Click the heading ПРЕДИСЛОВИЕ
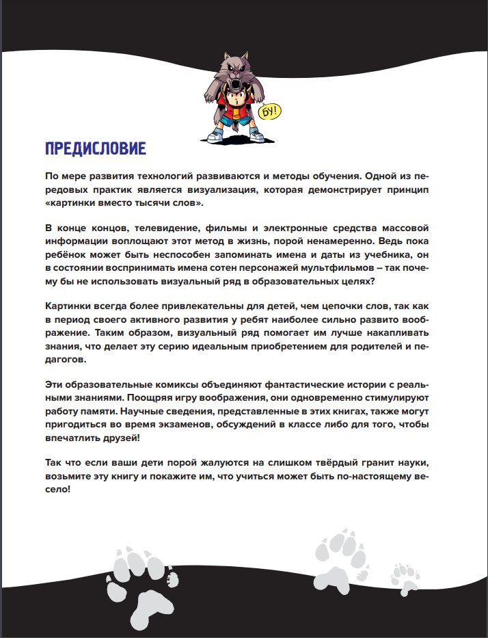click(x=94, y=148)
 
